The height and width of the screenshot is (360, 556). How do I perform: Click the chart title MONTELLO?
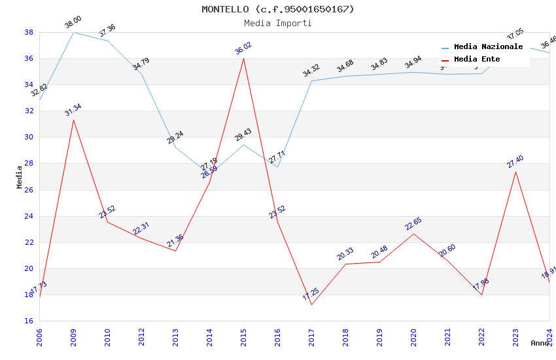tap(277, 9)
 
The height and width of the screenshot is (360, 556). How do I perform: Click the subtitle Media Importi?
tap(277, 23)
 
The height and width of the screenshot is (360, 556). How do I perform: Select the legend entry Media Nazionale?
tap(488, 47)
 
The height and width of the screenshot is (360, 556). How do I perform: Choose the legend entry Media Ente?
tap(477, 60)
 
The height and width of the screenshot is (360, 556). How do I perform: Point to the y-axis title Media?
tap(20, 177)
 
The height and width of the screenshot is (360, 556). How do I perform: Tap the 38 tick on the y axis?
tap(29, 32)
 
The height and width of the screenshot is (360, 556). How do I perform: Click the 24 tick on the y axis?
tap(29, 216)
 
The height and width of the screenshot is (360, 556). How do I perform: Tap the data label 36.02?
tap(243, 48)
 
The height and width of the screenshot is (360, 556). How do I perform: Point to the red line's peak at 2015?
tap(243, 58)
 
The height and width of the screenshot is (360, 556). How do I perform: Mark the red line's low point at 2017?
tap(311, 304)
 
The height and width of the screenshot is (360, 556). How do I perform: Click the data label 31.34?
tap(73, 110)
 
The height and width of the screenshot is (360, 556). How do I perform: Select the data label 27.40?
tap(515, 162)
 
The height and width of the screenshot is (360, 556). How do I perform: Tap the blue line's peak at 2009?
tap(73, 32)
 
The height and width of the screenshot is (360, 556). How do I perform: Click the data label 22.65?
tap(413, 224)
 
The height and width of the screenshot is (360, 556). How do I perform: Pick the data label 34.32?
tap(311, 71)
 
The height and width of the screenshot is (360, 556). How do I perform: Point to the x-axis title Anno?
tap(540, 343)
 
